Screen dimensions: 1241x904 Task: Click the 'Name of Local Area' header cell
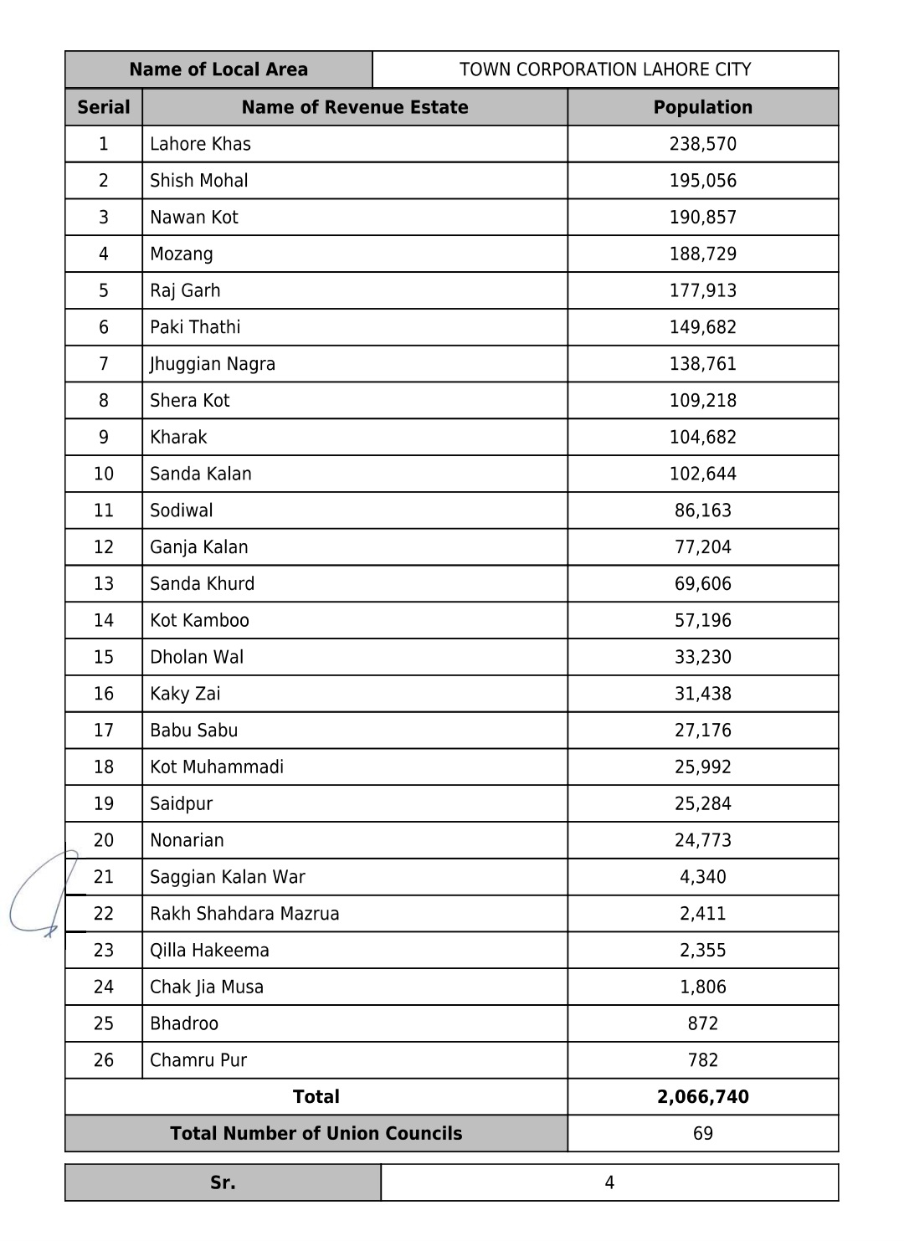tap(218, 69)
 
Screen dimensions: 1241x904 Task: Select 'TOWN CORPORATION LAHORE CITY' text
tap(605, 69)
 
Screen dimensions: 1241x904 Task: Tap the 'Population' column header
tap(702, 107)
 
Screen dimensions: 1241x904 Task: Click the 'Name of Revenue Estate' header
tap(354, 107)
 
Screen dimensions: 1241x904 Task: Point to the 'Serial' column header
tap(104, 107)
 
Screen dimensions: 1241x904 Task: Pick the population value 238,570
tap(702, 144)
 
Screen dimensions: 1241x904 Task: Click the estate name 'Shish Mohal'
tap(199, 181)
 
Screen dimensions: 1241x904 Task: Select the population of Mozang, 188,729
tap(702, 254)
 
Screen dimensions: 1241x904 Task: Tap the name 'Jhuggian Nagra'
tap(213, 364)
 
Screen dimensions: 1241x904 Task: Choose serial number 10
tap(104, 474)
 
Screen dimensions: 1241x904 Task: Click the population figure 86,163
tap(702, 510)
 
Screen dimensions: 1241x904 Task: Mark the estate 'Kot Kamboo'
tap(199, 620)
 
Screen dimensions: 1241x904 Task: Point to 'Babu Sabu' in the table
tap(193, 731)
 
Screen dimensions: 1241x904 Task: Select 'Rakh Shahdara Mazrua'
tap(244, 914)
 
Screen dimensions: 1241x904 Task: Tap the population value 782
tap(702, 1060)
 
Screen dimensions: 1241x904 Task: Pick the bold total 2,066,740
tap(702, 1097)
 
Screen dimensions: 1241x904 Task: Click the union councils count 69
tap(702, 1134)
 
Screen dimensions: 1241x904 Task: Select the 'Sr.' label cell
tap(223, 1182)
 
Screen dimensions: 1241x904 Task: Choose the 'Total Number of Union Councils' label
tap(316, 1134)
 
